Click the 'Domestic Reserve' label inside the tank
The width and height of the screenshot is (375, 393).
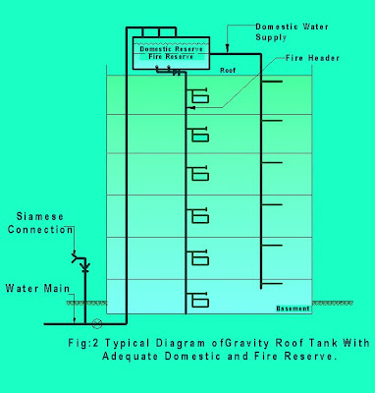[x=171, y=49]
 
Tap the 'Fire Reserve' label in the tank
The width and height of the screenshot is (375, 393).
[x=171, y=57]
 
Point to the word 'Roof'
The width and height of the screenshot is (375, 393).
[x=228, y=71]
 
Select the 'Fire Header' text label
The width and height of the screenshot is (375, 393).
[x=312, y=58]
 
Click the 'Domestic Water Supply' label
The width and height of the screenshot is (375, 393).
[x=292, y=32]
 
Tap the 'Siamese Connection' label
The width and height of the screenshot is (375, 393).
[x=40, y=223]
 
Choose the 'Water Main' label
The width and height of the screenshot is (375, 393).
[x=37, y=289]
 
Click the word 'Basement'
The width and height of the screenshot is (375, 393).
[x=293, y=309]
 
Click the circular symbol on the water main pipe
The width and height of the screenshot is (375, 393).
[x=97, y=323]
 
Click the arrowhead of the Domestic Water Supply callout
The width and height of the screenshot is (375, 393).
[x=228, y=50]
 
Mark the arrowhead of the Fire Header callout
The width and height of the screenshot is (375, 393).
[x=192, y=107]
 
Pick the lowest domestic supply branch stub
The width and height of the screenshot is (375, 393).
[x=272, y=284]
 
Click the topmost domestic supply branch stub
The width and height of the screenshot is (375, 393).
[x=272, y=82]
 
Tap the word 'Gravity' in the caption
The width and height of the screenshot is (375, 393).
[x=247, y=343]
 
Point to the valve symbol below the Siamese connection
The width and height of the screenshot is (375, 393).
[x=85, y=267]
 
